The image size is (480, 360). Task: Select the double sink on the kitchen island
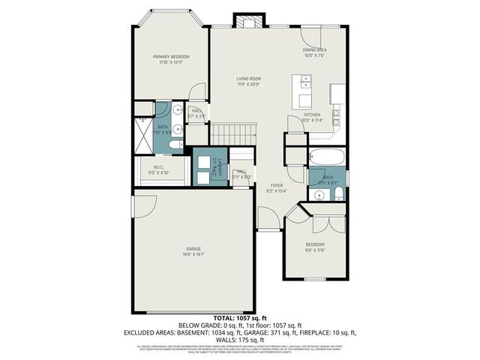click(305, 81)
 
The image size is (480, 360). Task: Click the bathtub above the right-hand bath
click(326, 158)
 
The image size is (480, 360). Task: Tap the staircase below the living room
click(232, 135)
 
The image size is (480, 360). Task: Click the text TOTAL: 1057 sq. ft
click(240, 319)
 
